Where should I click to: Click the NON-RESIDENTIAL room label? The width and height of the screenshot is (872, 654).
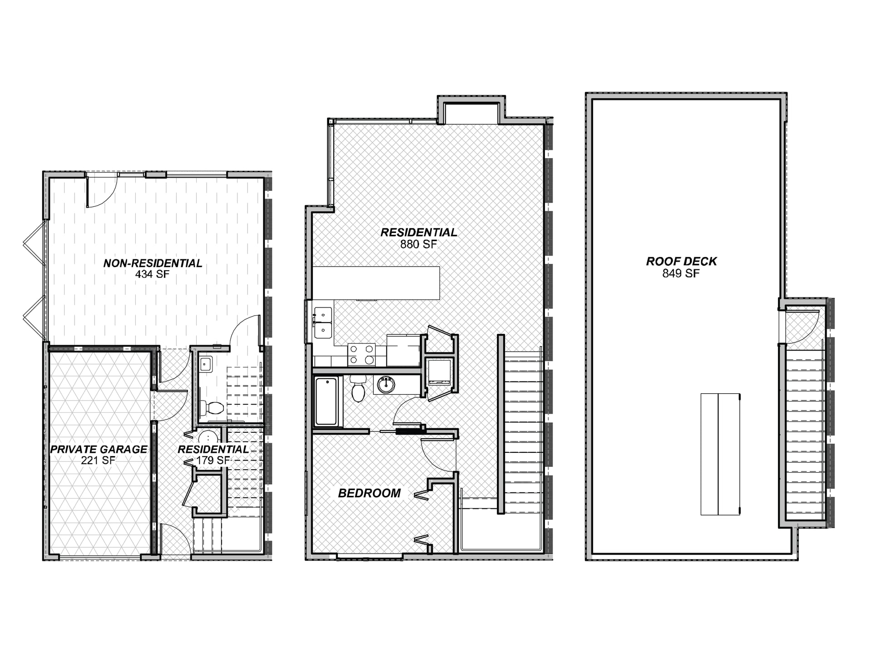[153, 263]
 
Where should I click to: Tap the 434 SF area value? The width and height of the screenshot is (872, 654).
[152, 274]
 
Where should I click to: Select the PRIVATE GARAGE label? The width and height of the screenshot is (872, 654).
[99, 449]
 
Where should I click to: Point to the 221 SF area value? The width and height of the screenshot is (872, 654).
[99, 460]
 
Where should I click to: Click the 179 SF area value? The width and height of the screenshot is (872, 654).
[213, 460]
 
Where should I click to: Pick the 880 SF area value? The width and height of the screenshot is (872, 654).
[418, 244]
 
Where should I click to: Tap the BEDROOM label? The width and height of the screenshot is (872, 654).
[369, 493]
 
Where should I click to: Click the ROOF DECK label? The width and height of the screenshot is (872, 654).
[681, 261]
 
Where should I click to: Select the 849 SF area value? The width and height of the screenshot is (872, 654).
[681, 273]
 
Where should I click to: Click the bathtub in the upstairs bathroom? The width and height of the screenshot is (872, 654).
[327, 401]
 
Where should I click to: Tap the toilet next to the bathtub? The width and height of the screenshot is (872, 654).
[358, 389]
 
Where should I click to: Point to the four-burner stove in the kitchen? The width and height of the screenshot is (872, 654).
[362, 355]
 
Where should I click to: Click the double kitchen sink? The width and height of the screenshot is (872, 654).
[323, 322]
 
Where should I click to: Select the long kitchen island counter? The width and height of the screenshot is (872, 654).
[377, 283]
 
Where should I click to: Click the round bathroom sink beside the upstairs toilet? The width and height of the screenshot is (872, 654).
[387, 385]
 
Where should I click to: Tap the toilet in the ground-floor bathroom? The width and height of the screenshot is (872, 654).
[213, 407]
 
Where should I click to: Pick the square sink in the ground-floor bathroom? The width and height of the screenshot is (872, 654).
[206, 364]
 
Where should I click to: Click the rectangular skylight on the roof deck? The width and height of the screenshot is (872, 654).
[720, 454]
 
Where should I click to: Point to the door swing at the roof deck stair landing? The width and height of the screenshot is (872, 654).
[803, 326]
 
